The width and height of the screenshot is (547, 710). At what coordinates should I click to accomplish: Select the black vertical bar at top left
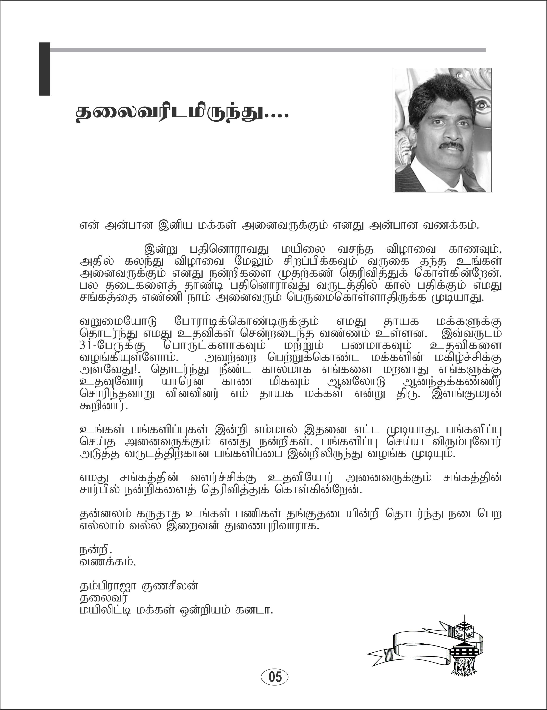point(44,69)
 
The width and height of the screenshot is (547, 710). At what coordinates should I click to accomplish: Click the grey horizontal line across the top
point(267,50)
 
